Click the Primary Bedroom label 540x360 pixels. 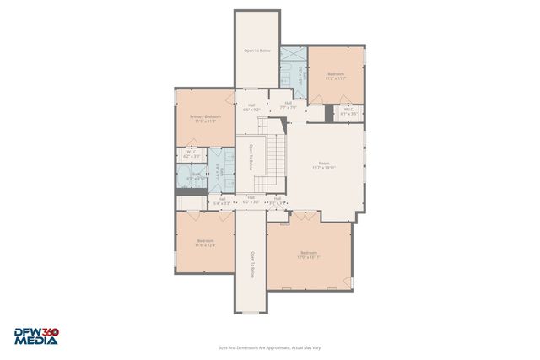(205, 119)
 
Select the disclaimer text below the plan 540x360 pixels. (269, 347)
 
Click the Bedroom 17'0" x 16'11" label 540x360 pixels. (308, 255)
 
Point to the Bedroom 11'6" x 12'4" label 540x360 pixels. (206, 243)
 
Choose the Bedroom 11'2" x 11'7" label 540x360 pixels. (336, 77)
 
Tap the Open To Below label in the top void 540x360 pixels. (257, 51)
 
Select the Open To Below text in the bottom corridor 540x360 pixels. (251, 265)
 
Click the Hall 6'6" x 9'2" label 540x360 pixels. (251, 107)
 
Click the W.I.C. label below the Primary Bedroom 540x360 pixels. (192, 154)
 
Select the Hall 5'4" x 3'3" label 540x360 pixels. (221, 201)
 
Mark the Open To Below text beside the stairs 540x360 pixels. (251, 158)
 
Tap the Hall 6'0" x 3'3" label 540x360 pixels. (251, 200)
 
